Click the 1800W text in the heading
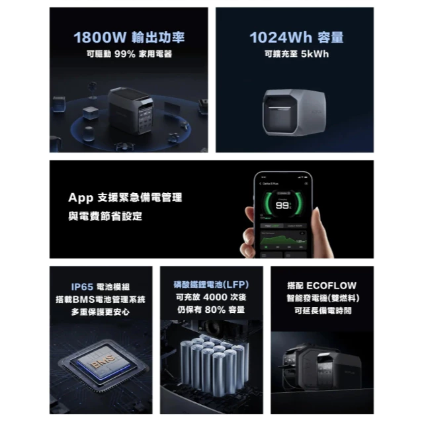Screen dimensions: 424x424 coord(96,36)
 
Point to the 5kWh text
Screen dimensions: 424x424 coord(314,54)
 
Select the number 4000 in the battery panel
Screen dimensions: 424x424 coord(214,298)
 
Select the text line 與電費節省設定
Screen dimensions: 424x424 coord(105,216)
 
